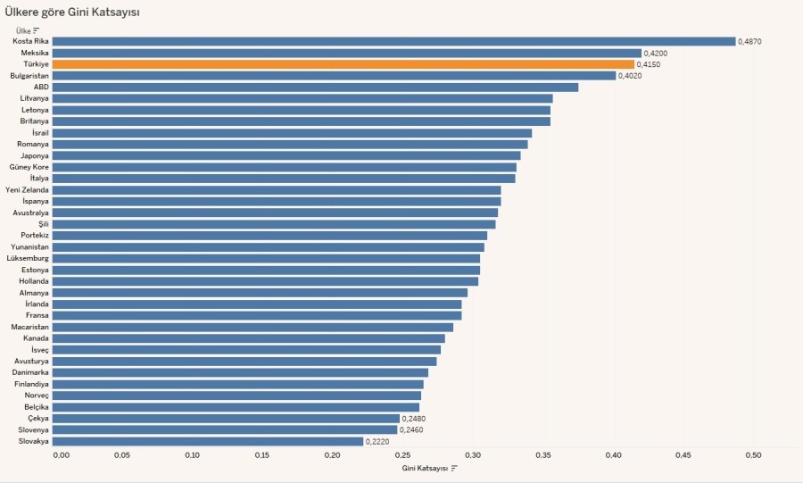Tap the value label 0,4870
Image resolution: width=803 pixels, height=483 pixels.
tap(749, 42)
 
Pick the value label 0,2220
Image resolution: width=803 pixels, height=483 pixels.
tap(377, 442)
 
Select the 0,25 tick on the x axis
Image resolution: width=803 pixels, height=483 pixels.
tap(402, 455)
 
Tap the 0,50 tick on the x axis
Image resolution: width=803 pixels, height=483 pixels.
tap(753, 455)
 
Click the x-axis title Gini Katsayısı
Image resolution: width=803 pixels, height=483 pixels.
tap(425, 468)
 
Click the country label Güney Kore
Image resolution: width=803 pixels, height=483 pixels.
tap(29, 167)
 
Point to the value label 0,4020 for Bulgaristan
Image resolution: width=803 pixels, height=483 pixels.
tap(631, 76)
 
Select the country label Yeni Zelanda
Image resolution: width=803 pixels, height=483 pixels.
tap(27, 190)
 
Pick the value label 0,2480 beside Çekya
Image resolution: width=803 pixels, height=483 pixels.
tap(414, 419)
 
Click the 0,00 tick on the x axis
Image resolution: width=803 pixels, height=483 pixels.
tap(61, 455)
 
